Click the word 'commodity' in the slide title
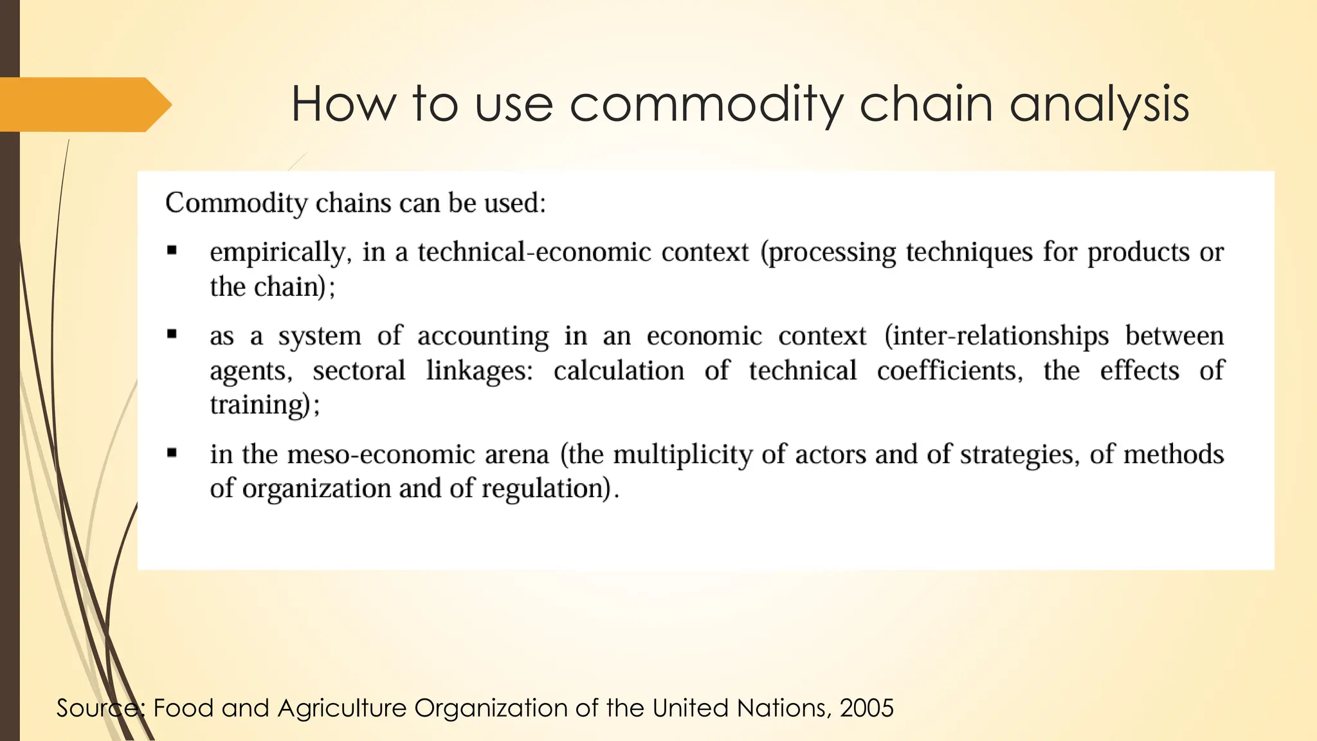[705, 104]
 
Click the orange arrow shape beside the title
[84, 104]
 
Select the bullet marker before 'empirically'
[172, 251]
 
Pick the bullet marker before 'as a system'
[172, 334]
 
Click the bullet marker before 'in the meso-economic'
[172, 453]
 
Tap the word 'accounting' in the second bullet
[483, 336]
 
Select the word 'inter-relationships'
[997, 336]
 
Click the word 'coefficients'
[949, 370]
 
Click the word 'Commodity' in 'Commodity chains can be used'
[237, 203]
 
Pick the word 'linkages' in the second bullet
[479, 370]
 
